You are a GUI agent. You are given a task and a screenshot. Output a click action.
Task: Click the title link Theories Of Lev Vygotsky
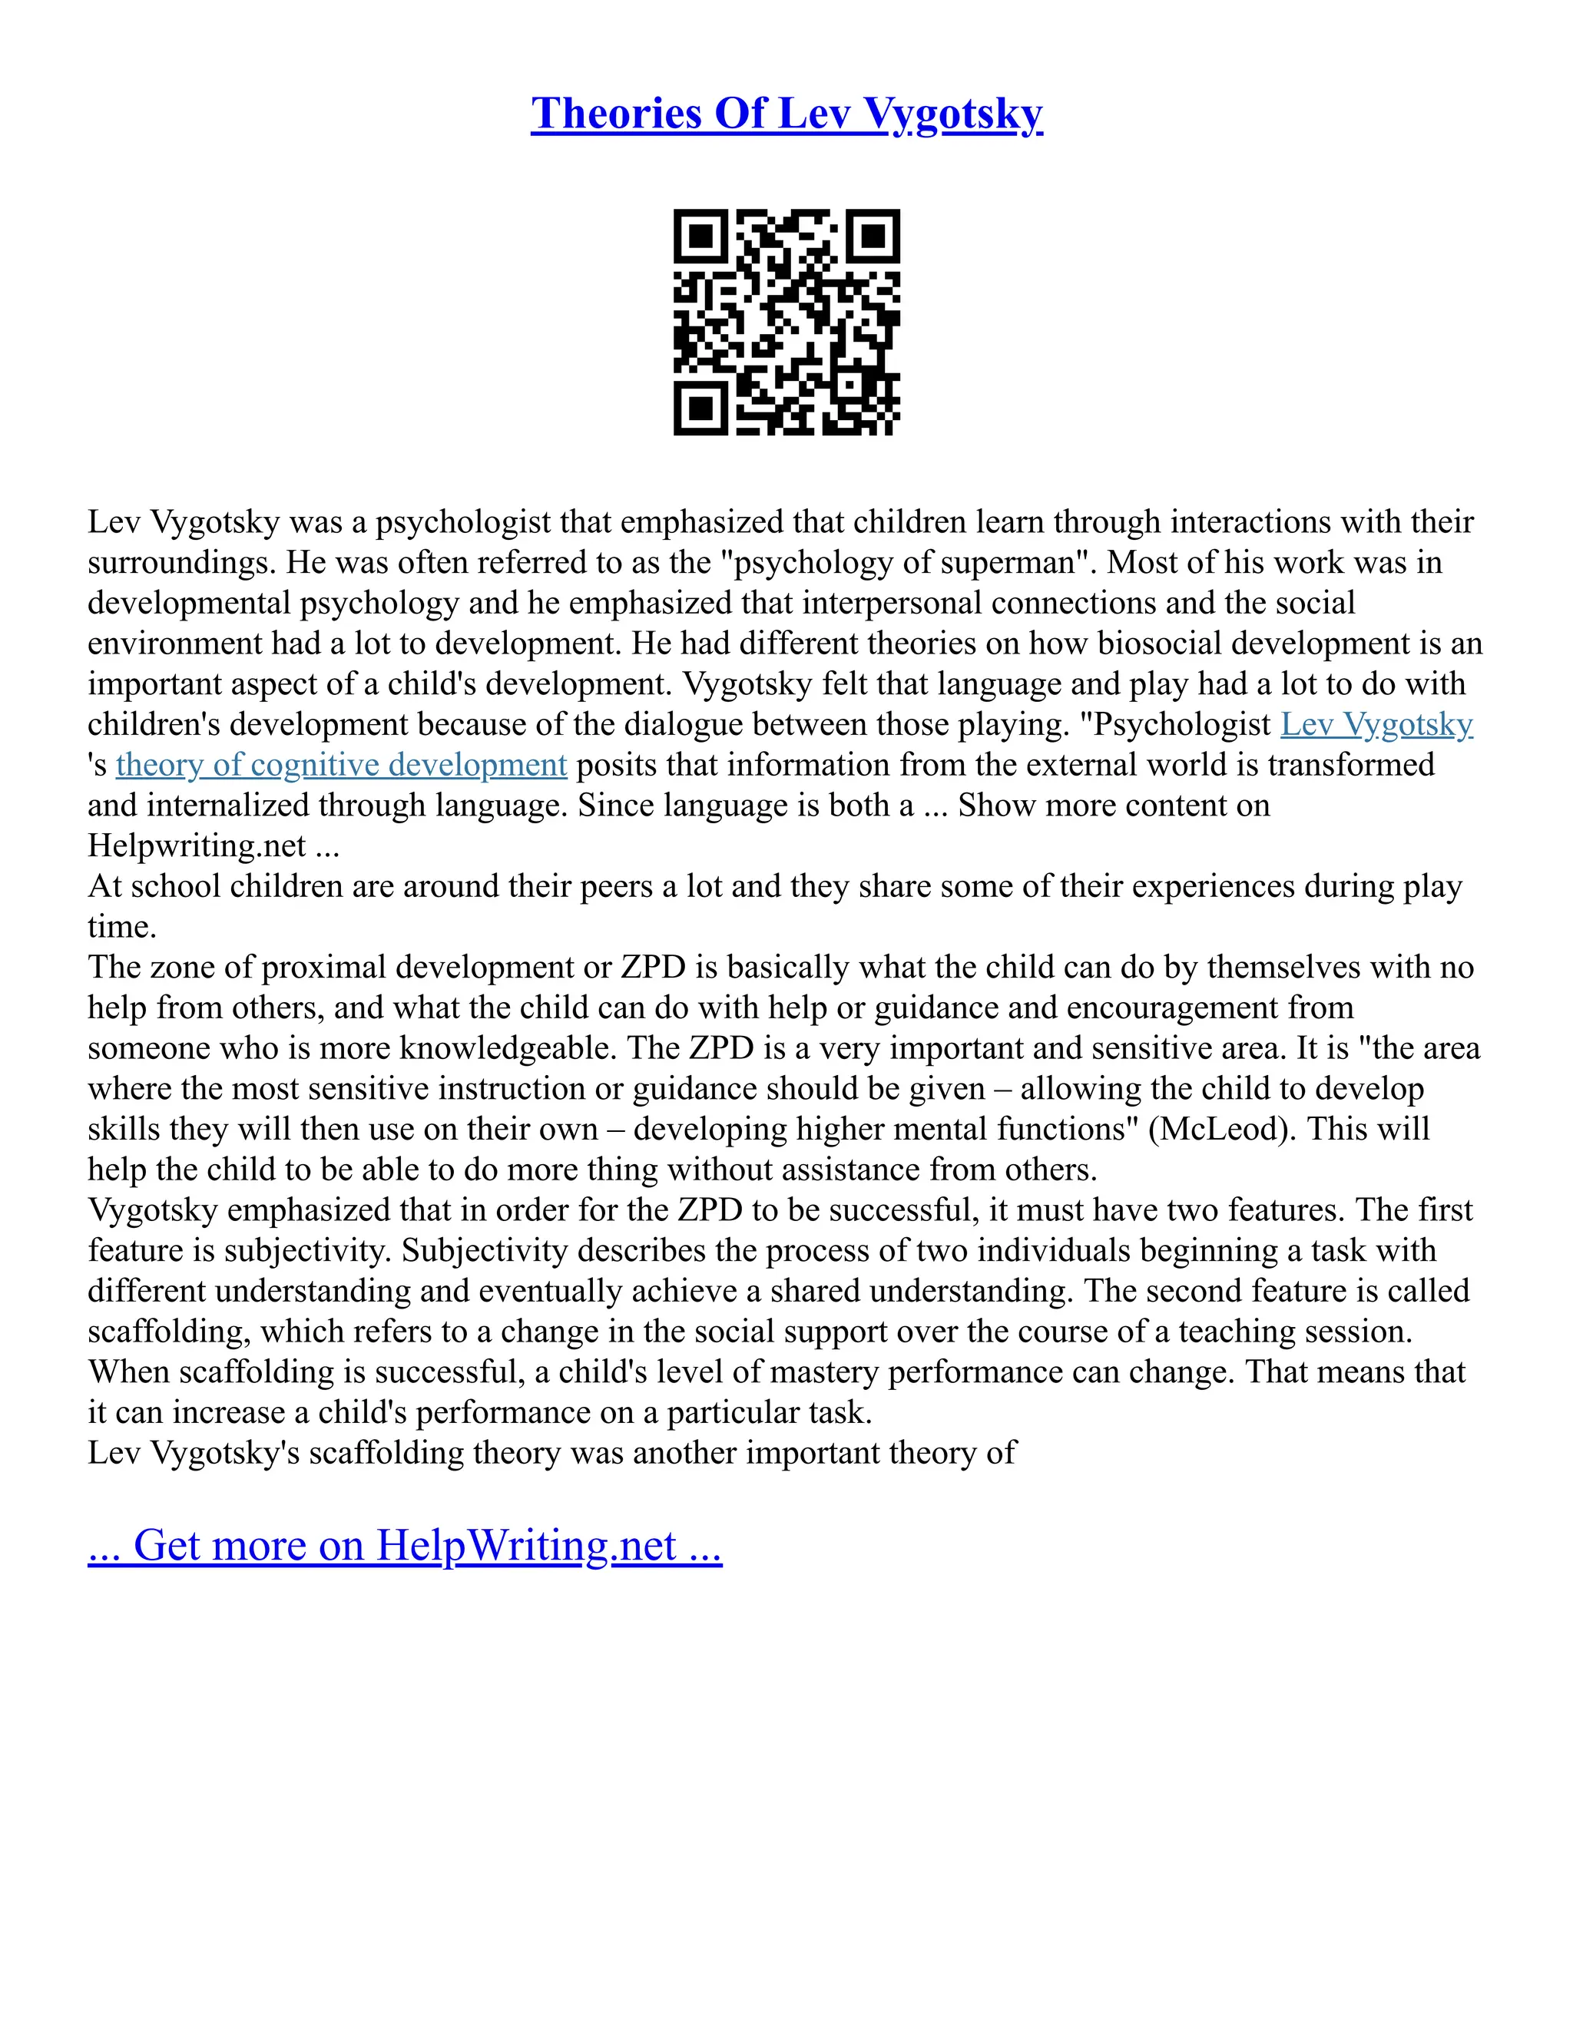point(786,114)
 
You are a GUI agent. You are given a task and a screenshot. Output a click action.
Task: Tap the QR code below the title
point(786,322)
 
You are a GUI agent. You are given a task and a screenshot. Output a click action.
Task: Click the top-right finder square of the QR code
point(873,236)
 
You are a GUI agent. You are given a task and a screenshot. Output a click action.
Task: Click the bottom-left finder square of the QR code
point(700,408)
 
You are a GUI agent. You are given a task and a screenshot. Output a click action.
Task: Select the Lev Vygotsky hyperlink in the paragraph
point(1376,724)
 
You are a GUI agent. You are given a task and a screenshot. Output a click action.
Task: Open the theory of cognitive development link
point(341,765)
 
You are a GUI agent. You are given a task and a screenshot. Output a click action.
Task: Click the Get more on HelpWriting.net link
point(405,1545)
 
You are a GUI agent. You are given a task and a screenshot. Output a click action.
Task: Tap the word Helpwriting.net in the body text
point(197,846)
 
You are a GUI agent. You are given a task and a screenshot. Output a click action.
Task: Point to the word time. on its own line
point(122,927)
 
